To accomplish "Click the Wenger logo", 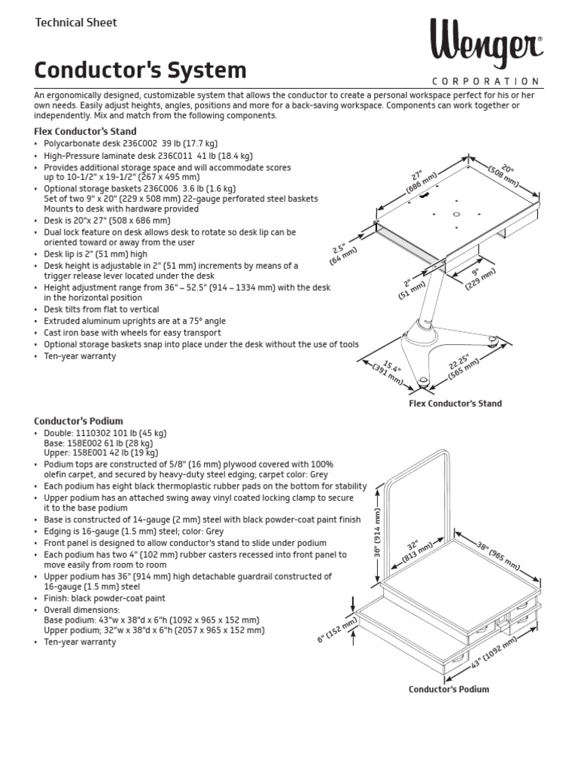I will tap(486, 46).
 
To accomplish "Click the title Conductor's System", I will tap(140, 71).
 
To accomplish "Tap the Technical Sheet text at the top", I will tap(76, 23).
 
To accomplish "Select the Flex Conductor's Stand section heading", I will tap(86, 131).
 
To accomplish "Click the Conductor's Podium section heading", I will tap(78, 421).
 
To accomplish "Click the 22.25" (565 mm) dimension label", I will tap(463, 365).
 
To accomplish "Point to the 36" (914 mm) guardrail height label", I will tap(376, 533).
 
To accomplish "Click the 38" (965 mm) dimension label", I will tap(498, 553).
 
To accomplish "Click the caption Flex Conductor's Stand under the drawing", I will tap(455, 404).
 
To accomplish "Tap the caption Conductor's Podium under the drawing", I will tap(449, 689).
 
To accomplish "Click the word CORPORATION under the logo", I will tap(485, 81).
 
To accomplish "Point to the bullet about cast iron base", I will tap(132, 333).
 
